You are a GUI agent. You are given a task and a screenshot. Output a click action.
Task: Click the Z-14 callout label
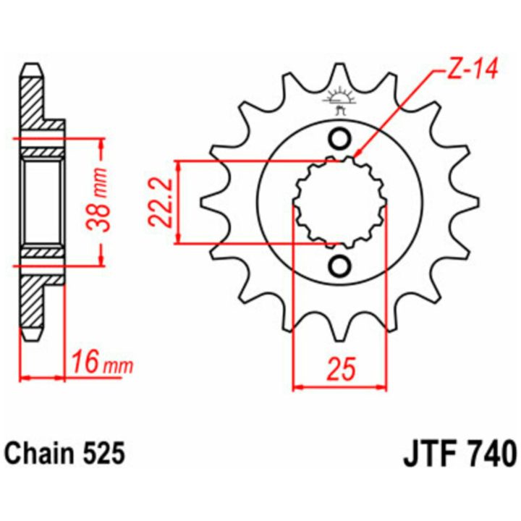(x=472, y=69)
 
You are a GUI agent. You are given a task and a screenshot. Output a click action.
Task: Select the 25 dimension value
(x=340, y=369)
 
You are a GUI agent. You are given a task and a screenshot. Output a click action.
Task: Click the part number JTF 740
(x=459, y=453)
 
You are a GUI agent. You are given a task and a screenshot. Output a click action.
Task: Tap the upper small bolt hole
(x=339, y=138)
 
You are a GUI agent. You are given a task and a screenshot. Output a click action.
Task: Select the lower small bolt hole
(x=339, y=266)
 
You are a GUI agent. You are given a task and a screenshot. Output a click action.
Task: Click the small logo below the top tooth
(x=339, y=101)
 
